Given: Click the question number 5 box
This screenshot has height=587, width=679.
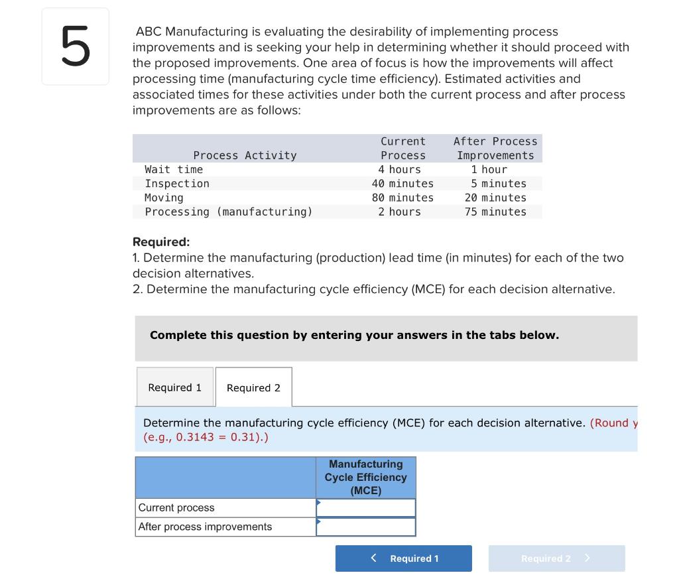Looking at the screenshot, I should pyautogui.click(x=75, y=46).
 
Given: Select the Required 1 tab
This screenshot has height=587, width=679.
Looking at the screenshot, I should pyautogui.click(x=175, y=387).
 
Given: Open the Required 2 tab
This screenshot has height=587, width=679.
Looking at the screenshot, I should pyautogui.click(x=253, y=388).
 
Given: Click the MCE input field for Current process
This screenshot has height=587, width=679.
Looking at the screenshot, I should pyautogui.click(x=366, y=508).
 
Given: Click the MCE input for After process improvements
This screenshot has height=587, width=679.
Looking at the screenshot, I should pyautogui.click(x=366, y=527).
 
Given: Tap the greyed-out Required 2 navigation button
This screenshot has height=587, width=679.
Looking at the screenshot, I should pyautogui.click(x=556, y=558).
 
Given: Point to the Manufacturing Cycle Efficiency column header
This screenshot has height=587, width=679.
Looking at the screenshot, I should pyautogui.click(x=366, y=478).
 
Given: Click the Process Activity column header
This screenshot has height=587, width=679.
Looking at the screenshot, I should pyautogui.click(x=245, y=155).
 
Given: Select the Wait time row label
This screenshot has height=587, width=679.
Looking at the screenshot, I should pyautogui.click(x=174, y=170).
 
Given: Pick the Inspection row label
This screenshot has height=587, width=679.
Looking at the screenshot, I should pyautogui.click(x=177, y=184).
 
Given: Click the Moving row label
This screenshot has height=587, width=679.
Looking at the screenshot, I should pyautogui.click(x=164, y=198).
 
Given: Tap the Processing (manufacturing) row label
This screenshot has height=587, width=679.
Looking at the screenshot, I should pyautogui.click(x=228, y=212).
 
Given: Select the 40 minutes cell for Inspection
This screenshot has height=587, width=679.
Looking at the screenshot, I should pyautogui.click(x=402, y=184).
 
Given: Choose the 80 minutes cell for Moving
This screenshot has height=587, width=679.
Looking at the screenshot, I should pyautogui.click(x=402, y=198).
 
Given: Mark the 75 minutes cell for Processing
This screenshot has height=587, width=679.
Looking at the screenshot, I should pyautogui.click(x=495, y=212).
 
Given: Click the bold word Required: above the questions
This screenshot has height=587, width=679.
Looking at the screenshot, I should pyautogui.click(x=161, y=242).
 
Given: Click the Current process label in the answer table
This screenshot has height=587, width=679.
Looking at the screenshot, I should pyautogui.click(x=176, y=508).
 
